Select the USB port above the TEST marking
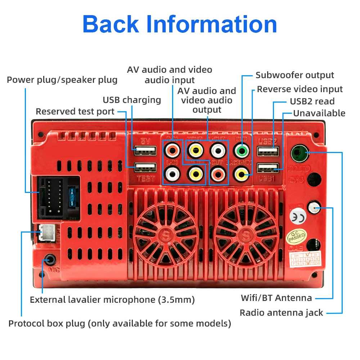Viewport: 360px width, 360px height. (145, 168)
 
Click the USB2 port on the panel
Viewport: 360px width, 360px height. (268, 151)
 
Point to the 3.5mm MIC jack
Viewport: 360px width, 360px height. (49, 259)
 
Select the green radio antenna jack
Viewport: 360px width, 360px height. (298, 152)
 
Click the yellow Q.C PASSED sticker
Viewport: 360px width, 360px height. (296, 236)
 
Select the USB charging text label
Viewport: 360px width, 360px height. (132, 100)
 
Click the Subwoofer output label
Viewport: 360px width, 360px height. (294, 75)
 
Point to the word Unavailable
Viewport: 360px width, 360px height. (319, 113)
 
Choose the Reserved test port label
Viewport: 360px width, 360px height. (75, 112)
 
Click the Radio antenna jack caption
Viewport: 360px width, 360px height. (281, 312)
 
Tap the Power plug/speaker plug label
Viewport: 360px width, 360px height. (62, 80)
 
